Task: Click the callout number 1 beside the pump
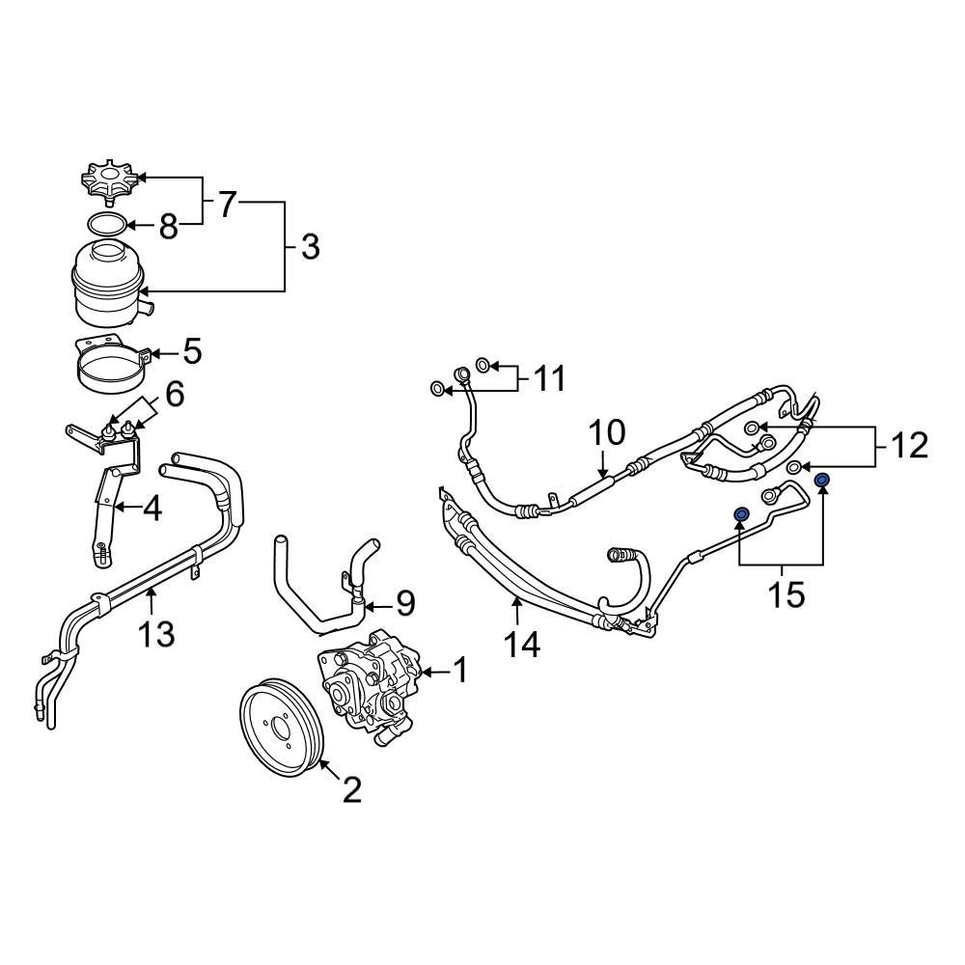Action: [460, 669]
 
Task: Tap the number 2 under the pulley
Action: [351, 791]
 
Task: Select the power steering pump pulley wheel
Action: [285, 731]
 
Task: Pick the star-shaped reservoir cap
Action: [109, 181]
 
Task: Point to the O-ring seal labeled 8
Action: [107, 225]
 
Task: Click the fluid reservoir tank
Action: [109, 284]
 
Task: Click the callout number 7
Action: [227, 204]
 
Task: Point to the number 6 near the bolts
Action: [174, 394]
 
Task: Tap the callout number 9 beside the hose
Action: [405, 604]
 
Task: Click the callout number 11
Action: [550, 378]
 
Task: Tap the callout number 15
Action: [786, 593]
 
